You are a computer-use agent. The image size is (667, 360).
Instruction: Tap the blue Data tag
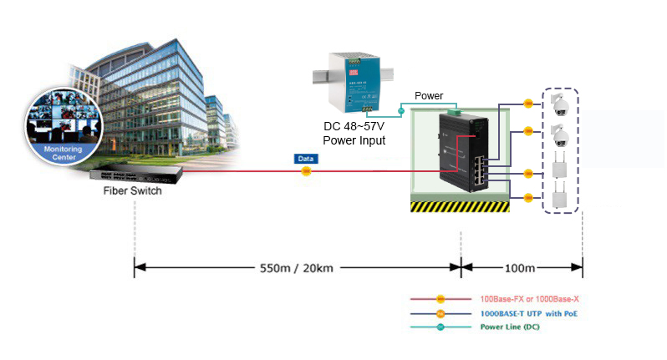[x=306, y=158]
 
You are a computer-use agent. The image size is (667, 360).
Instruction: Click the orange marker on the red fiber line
[x=306, y=171]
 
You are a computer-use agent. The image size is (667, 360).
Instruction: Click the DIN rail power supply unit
[x=352, y=83]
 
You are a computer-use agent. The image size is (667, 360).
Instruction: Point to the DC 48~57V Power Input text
[x=354, y=134]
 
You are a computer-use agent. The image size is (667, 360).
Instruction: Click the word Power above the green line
[x=429, y=96]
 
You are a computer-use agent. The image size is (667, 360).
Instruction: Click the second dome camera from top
[x=560, y=134]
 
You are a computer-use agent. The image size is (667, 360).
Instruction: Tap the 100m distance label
[x=520, y=268]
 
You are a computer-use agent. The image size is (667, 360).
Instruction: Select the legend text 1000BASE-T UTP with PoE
[x=528, y=314]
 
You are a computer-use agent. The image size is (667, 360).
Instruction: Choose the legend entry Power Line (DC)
[x=511, y=328]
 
